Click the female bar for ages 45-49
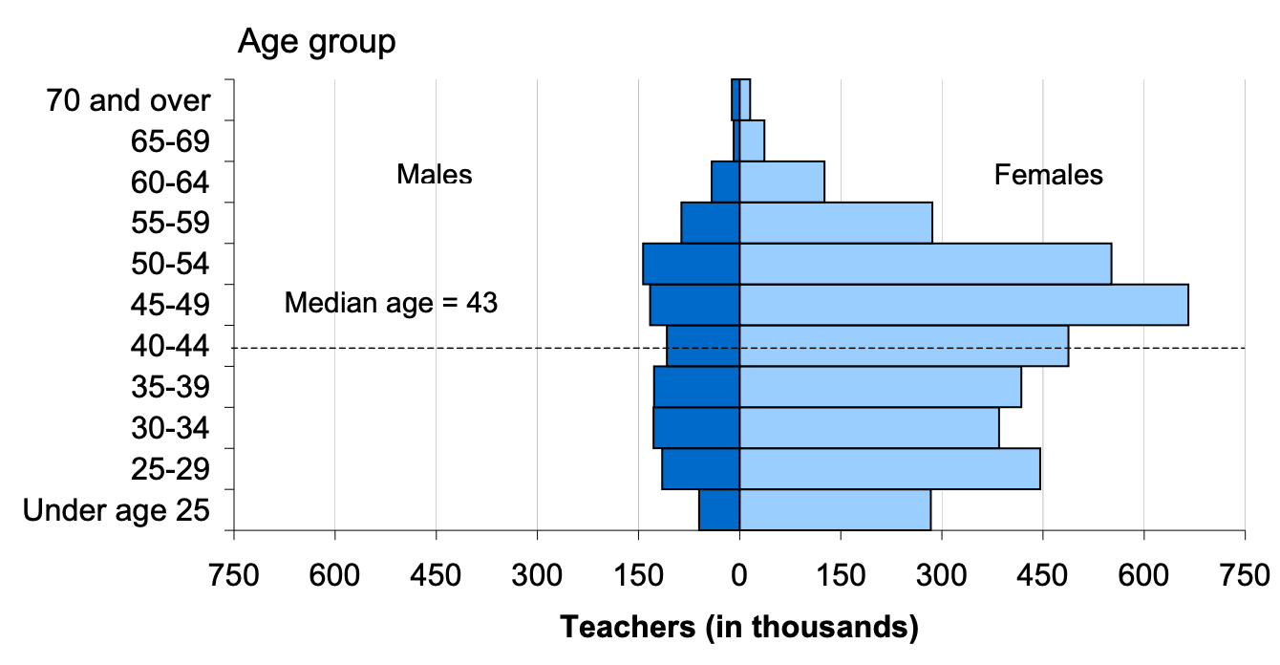click(964, 305)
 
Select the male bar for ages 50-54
click(692, 264)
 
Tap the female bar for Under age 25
click(835, 510)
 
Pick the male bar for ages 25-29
click(701, 469)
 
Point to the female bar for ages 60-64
click(782, 182)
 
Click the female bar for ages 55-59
click(836, 223)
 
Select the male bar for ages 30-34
click(696, 428)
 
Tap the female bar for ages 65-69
click(753, 140)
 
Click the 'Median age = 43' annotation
click(392, 304)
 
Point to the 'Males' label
click(435, 175)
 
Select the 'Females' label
click(1048, 175)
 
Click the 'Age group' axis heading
click(316, 42)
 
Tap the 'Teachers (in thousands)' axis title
click(738, 628)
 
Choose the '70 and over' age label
click(128, 100)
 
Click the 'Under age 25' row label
click(116, 510)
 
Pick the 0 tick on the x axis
click(739, 575)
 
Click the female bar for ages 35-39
click(881, 387)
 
